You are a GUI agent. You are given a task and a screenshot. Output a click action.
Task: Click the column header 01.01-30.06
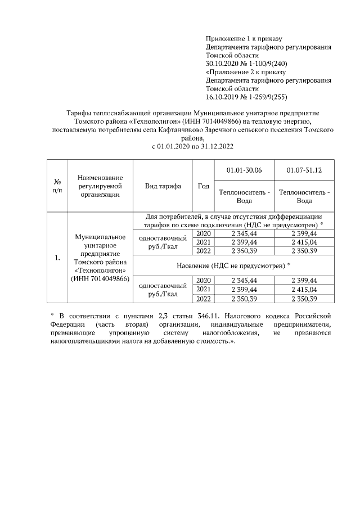point(244,170)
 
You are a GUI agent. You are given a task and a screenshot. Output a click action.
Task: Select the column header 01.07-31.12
point(304,170)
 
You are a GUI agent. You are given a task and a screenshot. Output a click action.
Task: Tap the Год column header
point(204,186)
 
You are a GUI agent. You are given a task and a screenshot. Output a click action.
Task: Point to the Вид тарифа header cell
point(163,186)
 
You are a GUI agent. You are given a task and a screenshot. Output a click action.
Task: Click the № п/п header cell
point(57,186)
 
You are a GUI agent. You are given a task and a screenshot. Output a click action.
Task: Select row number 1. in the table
point(57,258)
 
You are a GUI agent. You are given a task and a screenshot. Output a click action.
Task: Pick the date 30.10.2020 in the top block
point(222,64)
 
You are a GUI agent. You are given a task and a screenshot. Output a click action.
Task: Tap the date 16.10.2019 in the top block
point(222,97)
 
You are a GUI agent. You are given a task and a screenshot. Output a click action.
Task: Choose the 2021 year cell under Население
point(203,289)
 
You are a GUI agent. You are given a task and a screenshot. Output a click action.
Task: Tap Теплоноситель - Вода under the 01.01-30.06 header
point(244,196)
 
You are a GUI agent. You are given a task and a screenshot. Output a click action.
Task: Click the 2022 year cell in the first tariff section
point(203,250)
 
